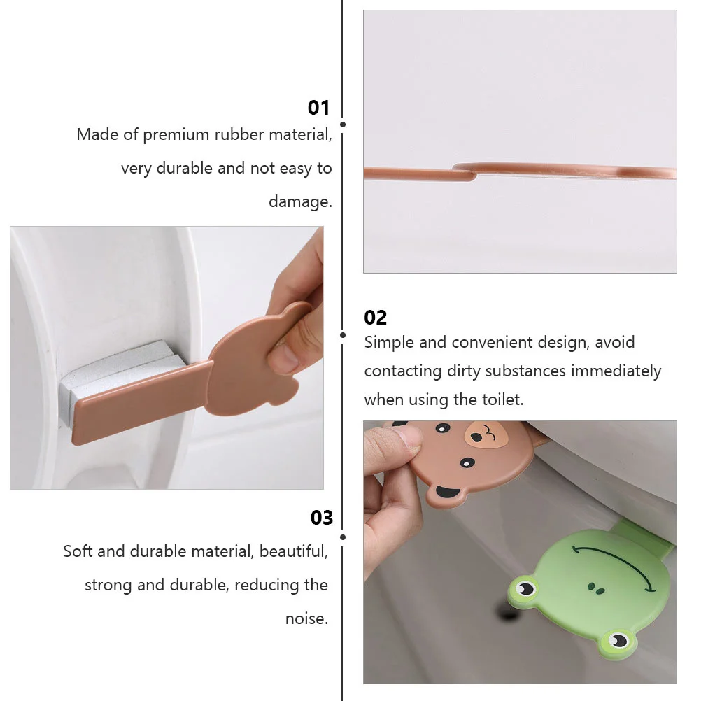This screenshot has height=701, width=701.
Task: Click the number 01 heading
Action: click(318, 108)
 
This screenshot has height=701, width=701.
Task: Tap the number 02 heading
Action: click(375, 318)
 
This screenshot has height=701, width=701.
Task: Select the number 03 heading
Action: click(322, 518)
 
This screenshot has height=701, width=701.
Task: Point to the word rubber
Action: click(232, 134)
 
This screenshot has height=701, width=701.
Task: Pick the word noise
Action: click(306, 618)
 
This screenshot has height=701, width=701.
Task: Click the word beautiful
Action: click(292, 551)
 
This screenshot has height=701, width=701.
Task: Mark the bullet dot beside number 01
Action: click(342, 125)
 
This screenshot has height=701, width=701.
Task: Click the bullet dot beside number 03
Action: click(342, 537)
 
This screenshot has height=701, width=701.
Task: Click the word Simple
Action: click(390, 343)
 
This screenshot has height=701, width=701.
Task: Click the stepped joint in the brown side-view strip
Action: click(466, 170)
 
